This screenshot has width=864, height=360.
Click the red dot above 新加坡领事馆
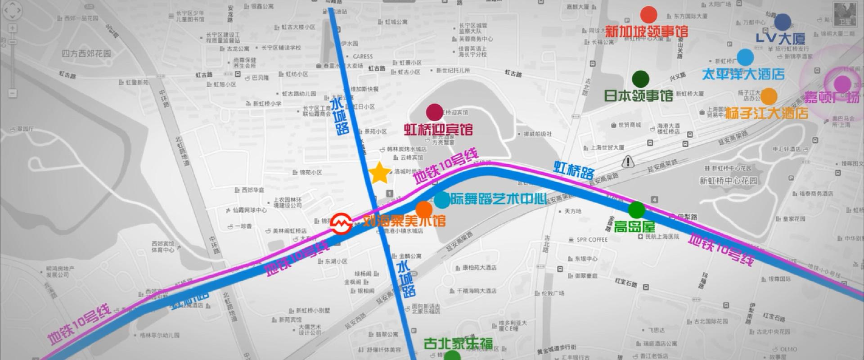tap(648, 15)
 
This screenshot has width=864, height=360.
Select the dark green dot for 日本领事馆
tap(640, 79)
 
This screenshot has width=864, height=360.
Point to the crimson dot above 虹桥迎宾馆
tap(434, 112)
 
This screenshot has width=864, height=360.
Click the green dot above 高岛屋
tap(636, 210)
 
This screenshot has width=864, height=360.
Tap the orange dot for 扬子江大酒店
tap(769, 96)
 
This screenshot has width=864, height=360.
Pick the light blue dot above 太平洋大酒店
tap(745, 57)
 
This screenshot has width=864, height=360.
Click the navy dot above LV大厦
tap(783, 22)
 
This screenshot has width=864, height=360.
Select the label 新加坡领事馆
tap(646, 31)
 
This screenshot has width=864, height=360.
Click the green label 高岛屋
tap(634, 226)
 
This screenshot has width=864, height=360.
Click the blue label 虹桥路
tap(574, 171)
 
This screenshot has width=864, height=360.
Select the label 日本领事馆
tap(638, 96)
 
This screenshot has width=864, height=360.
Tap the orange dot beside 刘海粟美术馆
tap(423, 209)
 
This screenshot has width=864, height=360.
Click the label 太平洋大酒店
tap(743, 74)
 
